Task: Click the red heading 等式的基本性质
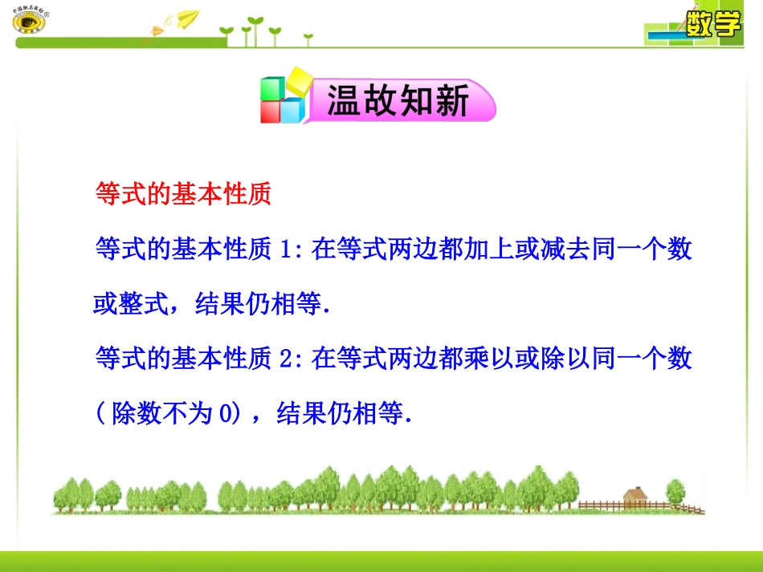pos(183,194)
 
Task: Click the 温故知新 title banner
pos(398,103)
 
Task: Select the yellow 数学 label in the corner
pos(713,24)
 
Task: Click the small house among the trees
pos(635,497)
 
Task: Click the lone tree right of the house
pos(677,491)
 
